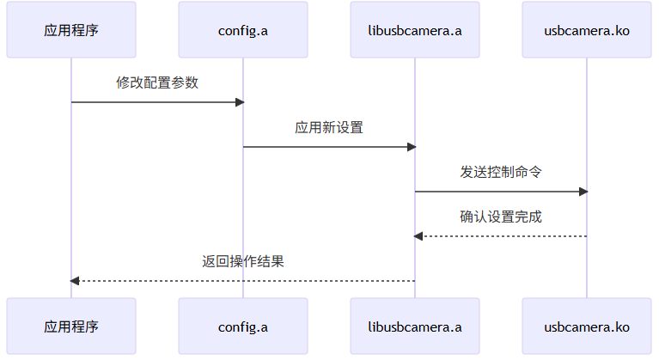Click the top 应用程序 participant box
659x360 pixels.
[71, 30]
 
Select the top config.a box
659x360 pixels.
[243, 30]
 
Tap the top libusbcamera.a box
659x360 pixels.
[415, 30]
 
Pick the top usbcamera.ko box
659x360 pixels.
[587, 30]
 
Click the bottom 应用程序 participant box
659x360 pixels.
[71, 326]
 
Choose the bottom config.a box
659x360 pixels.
[243, 326]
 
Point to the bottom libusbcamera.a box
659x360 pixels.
[415, 326]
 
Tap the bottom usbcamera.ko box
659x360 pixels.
[587, 326]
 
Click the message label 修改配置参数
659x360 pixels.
[157, 83]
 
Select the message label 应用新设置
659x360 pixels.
[329, 128]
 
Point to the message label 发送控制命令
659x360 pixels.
[501, 173]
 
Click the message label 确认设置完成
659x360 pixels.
[501, 217]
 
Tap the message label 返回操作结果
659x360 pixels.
[243, 262]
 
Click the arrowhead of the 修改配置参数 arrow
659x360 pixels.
[240, 102]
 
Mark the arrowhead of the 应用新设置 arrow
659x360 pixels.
[412, 147]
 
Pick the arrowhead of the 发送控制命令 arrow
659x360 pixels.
[583, 192]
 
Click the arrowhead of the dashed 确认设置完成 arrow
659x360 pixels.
[418, 236]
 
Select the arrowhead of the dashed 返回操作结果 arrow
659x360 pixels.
[75, 281]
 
